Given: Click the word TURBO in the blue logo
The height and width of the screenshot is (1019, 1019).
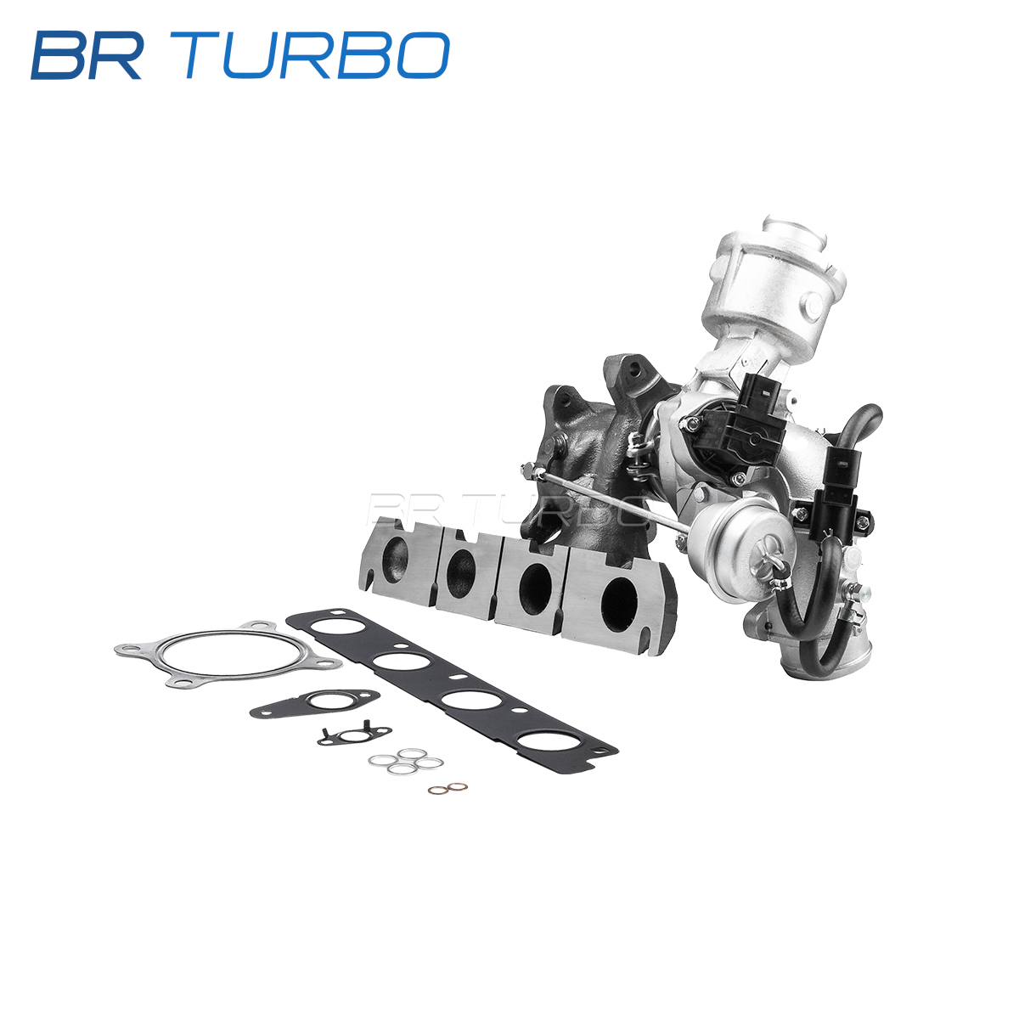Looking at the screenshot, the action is (x=318, y=55).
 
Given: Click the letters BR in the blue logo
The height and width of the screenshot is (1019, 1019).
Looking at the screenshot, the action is (x=87, y=55).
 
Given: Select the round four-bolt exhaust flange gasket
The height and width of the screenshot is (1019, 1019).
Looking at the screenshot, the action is (x=228, y=654).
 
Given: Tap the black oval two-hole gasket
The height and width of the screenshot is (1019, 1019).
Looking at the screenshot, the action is (x=314, y=703).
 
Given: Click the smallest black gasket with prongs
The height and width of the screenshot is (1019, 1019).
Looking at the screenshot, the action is (x=354, y=735).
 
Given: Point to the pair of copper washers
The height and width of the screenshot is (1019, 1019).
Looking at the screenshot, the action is (x=448, y=789).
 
